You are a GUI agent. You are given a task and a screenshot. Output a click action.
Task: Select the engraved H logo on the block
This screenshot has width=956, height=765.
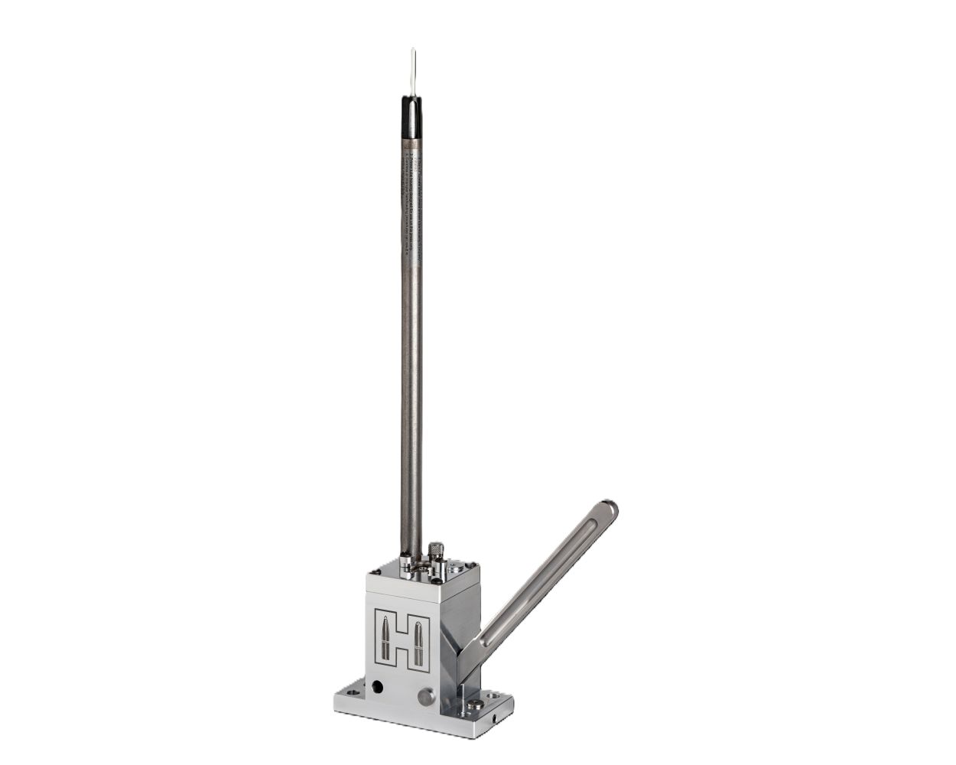[402, 640]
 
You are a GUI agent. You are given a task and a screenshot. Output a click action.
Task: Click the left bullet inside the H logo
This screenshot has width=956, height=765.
[388, 640]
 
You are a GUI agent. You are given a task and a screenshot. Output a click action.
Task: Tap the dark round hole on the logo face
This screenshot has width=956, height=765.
[377, 687]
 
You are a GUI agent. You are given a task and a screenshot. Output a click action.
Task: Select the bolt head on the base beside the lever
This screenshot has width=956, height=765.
[476, 704]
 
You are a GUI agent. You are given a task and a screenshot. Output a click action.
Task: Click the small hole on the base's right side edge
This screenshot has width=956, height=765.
[495, 719]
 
